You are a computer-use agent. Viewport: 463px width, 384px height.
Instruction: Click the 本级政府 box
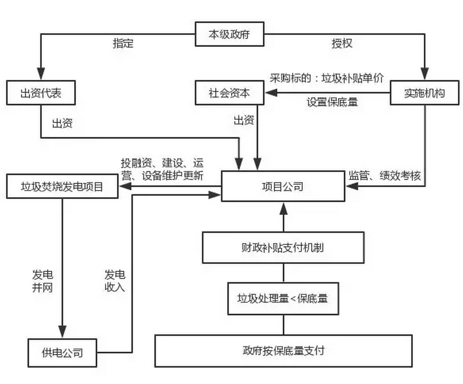pos(229,35)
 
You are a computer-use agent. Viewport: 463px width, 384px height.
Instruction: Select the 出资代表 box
pos(41,93)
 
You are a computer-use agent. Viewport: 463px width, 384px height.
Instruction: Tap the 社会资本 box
pos(229,93)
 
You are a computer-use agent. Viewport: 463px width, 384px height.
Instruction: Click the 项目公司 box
pos(282,186)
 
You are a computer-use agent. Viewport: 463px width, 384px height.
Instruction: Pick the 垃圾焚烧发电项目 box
pos(62,186)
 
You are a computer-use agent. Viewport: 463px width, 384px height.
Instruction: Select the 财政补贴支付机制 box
pos(283,247)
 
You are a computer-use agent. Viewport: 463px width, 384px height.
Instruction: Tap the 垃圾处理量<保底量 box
pos(283,298)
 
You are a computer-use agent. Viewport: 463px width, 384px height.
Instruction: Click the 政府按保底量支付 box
pos(283,351)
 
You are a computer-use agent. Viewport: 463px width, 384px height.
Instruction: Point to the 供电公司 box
pos(62,352)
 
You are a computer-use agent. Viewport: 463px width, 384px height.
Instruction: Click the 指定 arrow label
pos(123,43)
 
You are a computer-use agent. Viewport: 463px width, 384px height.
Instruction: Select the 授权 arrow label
pos(342,43)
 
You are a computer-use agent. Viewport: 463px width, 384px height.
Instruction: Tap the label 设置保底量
pos(332,102)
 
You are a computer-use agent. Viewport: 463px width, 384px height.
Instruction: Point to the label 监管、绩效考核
pos(384,175)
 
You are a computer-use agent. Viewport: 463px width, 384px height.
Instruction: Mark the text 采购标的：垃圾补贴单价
pos(326,78)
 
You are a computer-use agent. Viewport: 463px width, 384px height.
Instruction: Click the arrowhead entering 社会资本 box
pos(269,93)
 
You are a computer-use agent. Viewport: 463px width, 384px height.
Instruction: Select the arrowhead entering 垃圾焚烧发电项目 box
pos(123,186)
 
